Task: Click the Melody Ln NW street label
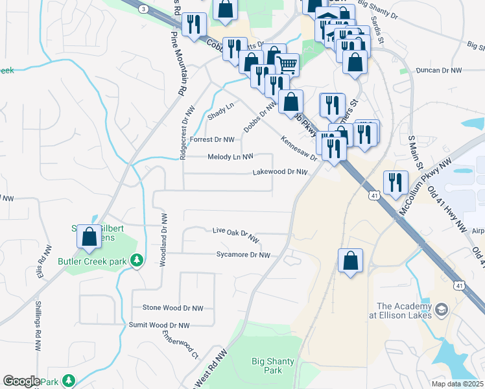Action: [230, 157]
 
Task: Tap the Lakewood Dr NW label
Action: [279, 172]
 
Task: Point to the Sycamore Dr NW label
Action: [242, 255]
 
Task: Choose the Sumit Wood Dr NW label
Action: [159, 325]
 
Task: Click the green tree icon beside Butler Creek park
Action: [137, 260]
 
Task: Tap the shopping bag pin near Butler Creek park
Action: [89, 237]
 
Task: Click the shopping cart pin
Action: [287, 64]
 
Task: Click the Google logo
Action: [21, 381]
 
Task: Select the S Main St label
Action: [412, 149]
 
